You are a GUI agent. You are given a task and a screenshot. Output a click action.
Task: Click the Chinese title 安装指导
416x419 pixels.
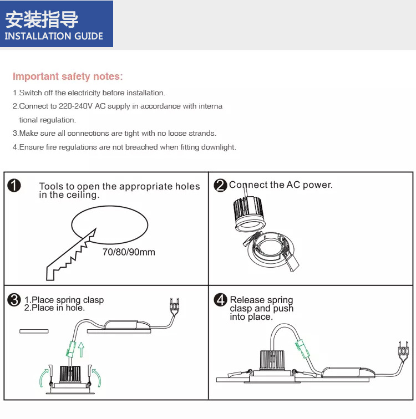(x=42, y=19)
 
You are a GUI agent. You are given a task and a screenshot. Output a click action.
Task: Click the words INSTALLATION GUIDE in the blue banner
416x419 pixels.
(x=54, y=36)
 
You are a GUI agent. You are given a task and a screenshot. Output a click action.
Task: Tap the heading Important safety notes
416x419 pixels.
(x=68, y=76)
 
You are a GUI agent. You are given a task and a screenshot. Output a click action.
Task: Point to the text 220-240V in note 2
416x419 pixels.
(x=73, y=106)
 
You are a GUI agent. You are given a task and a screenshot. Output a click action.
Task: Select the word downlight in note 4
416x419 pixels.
(x=220, y=147)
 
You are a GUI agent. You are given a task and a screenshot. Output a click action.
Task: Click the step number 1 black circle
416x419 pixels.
(x=14, y=186)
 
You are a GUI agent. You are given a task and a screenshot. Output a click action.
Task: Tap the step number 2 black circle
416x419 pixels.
(x=221, y=186)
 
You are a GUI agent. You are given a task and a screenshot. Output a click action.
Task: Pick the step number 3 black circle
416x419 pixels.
(x=14, y=300)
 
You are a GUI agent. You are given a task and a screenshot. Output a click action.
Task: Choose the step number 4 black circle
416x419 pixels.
(x=221, y=300)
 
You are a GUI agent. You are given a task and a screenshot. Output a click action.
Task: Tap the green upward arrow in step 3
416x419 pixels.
(x=81, y=349)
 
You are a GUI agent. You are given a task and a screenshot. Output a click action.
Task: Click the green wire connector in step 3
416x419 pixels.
(x=70, y=349)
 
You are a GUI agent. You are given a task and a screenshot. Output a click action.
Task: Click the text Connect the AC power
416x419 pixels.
(x=281, y=185)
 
